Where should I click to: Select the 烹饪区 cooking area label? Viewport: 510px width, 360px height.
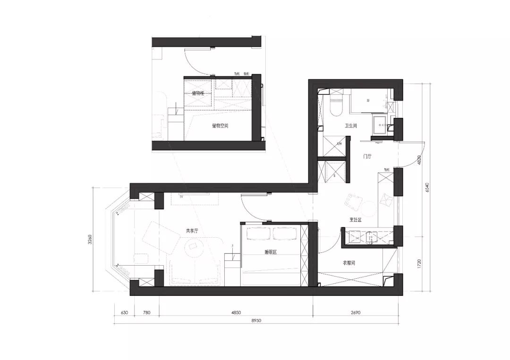pos(355,219)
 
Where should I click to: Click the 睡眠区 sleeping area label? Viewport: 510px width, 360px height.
pos(271,252)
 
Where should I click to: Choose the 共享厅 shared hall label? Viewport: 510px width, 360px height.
pos(192,231)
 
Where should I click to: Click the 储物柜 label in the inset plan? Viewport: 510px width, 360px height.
pos(198,93)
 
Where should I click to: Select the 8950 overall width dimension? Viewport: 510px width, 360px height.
pos(256,320)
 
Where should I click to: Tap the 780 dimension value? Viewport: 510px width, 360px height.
pos(146,312)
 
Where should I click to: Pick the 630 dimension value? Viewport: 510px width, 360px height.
pos(124,312)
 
